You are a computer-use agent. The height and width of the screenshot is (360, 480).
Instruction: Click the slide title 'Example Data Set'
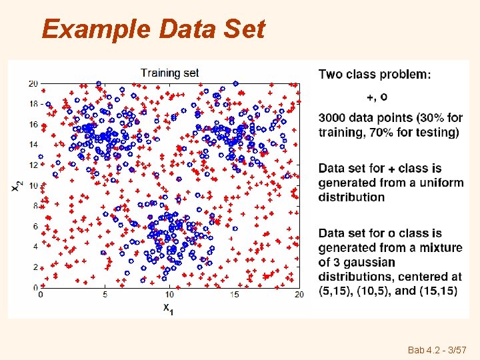click(153, 29)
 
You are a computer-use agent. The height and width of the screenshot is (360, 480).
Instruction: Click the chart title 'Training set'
click(169, 73)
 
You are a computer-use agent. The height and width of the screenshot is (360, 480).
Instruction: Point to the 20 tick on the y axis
click(33, 83)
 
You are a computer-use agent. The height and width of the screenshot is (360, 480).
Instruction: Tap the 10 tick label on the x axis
click(169, 294)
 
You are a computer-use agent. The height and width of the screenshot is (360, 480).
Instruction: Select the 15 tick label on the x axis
click(234, 294)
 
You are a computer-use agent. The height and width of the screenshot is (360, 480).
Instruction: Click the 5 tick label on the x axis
click(105, 294)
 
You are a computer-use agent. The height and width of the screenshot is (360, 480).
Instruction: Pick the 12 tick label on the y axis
click(33, 165)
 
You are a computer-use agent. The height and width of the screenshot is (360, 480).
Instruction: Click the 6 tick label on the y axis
click(34, 226)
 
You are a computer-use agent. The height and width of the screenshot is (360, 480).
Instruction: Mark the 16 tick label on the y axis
click(33, 124)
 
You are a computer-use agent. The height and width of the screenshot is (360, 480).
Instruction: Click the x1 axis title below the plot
click(169, 308)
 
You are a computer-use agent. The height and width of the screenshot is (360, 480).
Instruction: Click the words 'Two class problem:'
click(374, 74)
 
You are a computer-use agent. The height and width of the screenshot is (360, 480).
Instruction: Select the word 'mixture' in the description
click(440, 247)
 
